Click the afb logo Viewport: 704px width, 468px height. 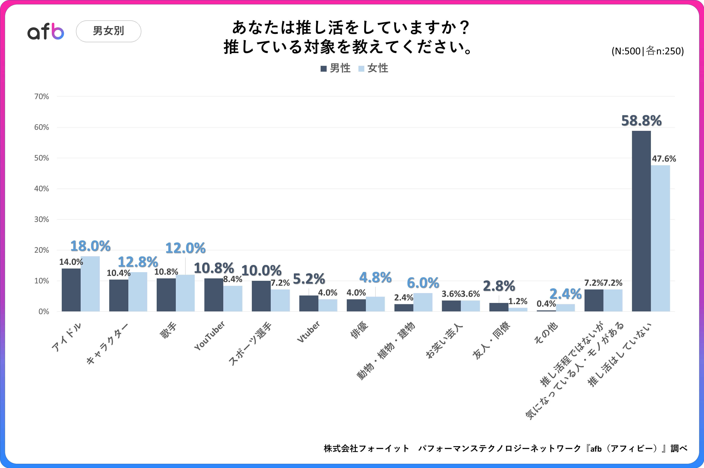click(x=46, y=31)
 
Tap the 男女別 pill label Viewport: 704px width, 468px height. click(x=109, y=31)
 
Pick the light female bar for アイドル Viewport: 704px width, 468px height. click(x=90, y=284)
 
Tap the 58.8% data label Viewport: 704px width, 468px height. click(x=641, y=121)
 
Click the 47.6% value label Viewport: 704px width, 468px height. click(x=664, y=159)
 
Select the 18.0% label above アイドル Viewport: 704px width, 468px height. click(x=90, y=246)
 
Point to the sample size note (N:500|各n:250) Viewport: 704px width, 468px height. click(x=647, y=51)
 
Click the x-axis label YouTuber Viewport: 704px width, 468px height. click(x=210, y=336)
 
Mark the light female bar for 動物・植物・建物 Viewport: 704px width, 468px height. click(x=423, y=302)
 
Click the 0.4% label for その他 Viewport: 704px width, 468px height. click(x=546, y=304)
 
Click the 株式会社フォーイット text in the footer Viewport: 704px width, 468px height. click(x=366, y=448)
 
